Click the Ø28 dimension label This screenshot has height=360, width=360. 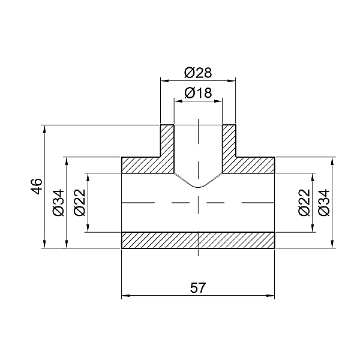[198, 73]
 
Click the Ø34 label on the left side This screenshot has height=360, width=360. [58, 202]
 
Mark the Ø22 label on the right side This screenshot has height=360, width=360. [304, 202]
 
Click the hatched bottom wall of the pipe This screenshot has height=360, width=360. [198, 239]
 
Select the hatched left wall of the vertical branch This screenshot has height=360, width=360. [167, 144]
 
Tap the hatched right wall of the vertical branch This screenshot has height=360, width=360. [229, 144]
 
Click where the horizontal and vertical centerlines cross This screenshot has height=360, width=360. [198, 202]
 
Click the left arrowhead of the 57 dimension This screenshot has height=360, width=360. [125, 295]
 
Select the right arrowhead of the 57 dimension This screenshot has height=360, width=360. [271, 295]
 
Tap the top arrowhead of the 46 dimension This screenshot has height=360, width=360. [45, 127]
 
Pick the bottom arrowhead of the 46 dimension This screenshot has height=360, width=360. [45, 245]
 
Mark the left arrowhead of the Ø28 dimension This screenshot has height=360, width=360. [163, 80]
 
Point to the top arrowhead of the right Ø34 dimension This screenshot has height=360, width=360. [332, 160]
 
